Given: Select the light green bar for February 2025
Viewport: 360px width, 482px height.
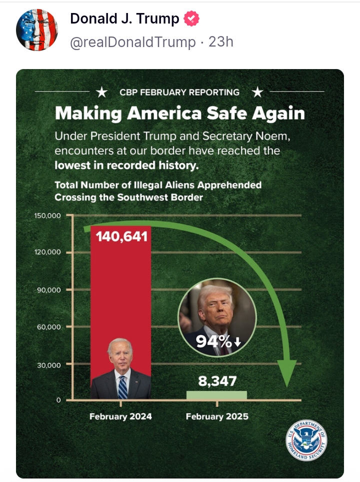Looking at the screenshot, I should click(216, 395).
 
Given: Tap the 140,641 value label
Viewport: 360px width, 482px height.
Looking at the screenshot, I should click(122, 236).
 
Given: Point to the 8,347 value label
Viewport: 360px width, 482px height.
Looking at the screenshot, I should click(217, 381).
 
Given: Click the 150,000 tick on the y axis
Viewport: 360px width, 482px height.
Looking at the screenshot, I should click(47, 216).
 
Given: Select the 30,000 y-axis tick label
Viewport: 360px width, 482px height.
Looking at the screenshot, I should click(49, 365).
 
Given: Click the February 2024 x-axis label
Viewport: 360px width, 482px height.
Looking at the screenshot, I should click(120, 416).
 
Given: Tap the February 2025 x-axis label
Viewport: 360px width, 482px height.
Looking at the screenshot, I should click(217, 416).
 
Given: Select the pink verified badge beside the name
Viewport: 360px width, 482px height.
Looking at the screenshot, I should click(191, 19).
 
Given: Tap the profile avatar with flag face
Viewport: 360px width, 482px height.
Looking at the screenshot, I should click(37, 30).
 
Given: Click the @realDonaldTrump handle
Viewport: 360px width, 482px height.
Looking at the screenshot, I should click(133, 42).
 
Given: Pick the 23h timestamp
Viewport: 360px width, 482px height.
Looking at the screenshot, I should click(220, 42).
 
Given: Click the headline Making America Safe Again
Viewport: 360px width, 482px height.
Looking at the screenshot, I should click(179, 113).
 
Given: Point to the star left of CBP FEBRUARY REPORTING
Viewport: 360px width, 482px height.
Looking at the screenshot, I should click(102, 92).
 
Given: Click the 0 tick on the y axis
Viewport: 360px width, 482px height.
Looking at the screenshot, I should click(58, 400).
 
